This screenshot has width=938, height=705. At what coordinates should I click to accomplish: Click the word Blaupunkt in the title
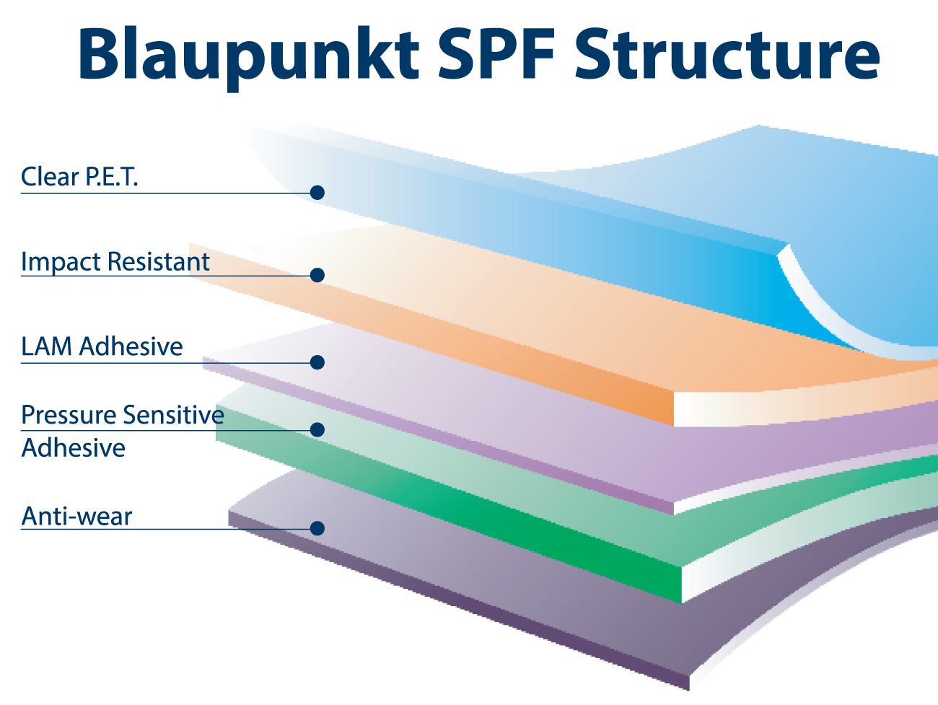pos(248,56)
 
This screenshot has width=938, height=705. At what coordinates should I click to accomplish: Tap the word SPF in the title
pos(496,53)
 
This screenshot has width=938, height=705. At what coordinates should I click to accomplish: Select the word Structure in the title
pos(727,53)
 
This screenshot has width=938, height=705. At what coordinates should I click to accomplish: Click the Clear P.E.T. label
pos(79,176)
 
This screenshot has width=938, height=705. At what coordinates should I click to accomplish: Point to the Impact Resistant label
pos(115,261)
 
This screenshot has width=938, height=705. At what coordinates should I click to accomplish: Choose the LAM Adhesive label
pos(102,346)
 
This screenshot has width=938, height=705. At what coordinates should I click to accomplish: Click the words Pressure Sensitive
pos(123,414)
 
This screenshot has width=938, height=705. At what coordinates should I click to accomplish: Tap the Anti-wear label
pos(76,516)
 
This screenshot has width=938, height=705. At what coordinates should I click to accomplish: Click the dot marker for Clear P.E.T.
pos(317,192)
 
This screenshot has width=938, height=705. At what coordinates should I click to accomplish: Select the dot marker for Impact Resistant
pos(317,275)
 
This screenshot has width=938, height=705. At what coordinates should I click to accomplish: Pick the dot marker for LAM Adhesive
pos(317,362)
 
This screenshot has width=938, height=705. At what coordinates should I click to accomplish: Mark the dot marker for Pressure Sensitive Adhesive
pos(317,429)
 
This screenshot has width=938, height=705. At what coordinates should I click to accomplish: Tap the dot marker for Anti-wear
pos(317,528)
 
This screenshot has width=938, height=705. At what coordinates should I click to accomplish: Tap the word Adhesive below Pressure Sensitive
pos(73,448)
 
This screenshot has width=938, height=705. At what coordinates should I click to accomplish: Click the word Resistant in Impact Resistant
pos(159,261)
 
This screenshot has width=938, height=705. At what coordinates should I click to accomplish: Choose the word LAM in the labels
pos(47,346)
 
